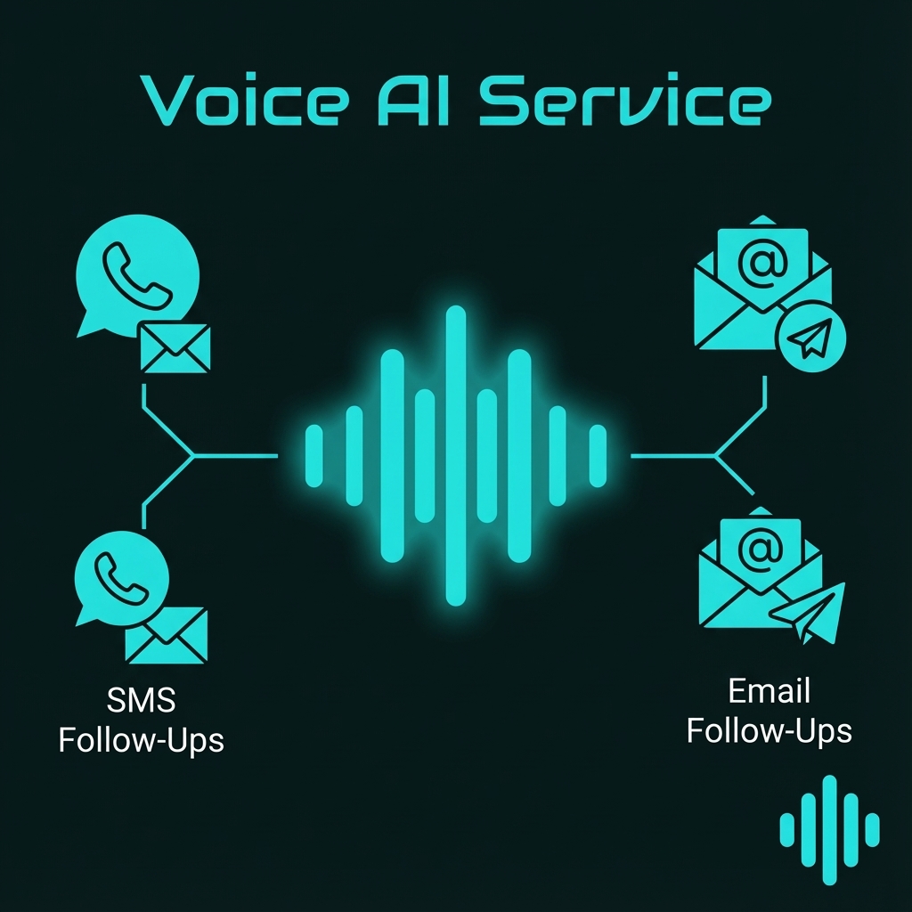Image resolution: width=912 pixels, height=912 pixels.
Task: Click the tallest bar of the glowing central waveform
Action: point(456,456)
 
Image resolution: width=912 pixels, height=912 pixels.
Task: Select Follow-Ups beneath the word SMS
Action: point(141,739)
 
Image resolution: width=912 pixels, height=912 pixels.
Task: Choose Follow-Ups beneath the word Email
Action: point(769,730)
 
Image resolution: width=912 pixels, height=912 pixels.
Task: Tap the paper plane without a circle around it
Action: point(809,612)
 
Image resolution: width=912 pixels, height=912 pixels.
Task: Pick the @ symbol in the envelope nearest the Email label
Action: point(760,550)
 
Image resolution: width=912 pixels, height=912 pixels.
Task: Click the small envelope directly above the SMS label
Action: point(167,636)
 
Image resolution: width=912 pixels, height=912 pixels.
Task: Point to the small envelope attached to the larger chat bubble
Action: point(175,348)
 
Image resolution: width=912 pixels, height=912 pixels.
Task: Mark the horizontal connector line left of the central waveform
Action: point(236,456)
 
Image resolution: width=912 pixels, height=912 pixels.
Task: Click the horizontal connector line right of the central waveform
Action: point(672,456)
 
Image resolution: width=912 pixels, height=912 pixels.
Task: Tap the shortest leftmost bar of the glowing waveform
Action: point(313,456)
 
